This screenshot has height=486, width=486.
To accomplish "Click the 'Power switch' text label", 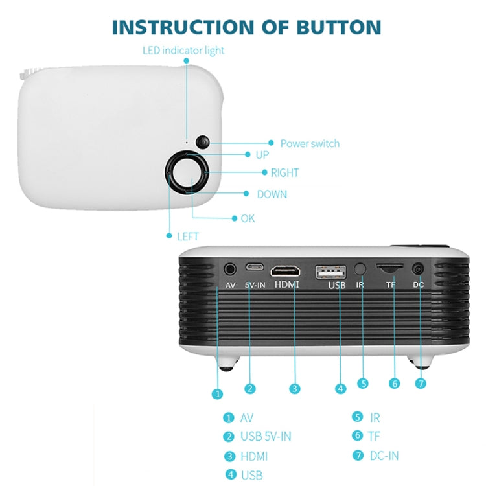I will tap(310, 143).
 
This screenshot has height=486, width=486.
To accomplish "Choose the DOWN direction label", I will tap(272, 194).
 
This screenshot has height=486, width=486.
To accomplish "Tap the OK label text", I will tap(248, 218).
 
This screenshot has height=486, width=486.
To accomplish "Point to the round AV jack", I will tap(230, 268).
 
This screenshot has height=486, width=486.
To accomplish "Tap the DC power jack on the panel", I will tap(418, 268).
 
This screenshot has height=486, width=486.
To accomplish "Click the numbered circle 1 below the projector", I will tap(218, 393).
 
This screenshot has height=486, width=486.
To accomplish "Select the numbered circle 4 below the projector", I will tap(341, 389).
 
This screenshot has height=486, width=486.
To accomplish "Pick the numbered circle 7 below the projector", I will tap(421, 383).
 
